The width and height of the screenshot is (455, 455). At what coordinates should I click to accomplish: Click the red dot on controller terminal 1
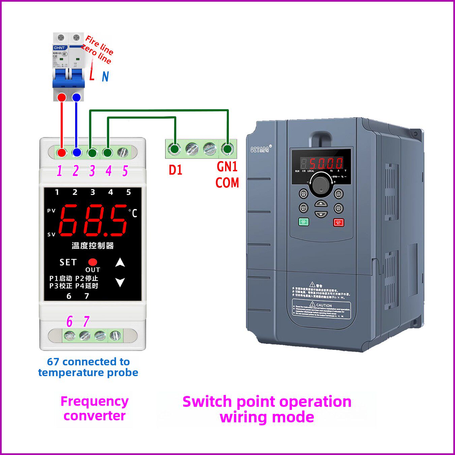61,152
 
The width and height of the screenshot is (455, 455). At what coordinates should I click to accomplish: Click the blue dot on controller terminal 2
77,152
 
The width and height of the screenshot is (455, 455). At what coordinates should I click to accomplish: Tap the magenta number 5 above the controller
125,171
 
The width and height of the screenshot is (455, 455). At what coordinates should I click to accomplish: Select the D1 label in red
175,170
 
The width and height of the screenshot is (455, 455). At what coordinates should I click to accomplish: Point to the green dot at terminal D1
174,149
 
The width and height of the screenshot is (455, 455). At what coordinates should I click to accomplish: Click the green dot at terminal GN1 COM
227,149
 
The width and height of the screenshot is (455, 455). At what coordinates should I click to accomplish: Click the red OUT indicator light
93,262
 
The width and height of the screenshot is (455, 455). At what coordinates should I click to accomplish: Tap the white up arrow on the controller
120,263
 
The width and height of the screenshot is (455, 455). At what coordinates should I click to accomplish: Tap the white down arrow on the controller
120,282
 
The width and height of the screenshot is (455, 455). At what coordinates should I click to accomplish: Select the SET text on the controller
68,262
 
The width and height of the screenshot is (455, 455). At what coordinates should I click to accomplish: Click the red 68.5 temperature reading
93,220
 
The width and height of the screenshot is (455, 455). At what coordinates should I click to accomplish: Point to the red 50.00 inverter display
326,163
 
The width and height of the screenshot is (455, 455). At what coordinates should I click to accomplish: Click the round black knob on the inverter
321,184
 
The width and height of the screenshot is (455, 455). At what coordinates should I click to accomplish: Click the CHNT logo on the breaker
59,48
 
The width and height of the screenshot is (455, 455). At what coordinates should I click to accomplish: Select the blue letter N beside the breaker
105,77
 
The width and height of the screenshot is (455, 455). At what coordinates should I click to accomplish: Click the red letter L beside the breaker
92,75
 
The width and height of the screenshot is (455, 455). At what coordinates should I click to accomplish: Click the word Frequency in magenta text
94,401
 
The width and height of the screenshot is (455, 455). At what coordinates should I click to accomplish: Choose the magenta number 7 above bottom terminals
86,322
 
